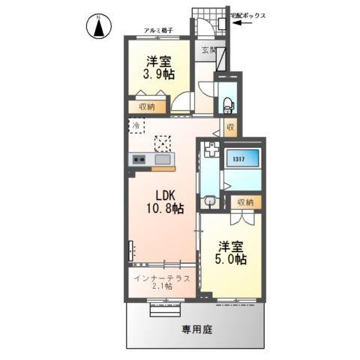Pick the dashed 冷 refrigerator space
(x=136, y=127)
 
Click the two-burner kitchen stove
(x=139, y=158)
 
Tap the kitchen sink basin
(x=163, y=158)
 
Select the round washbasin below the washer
(x=211, y=201)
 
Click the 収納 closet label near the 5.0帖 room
(x=243, y=202)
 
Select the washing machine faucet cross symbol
(x=211, y=149)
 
